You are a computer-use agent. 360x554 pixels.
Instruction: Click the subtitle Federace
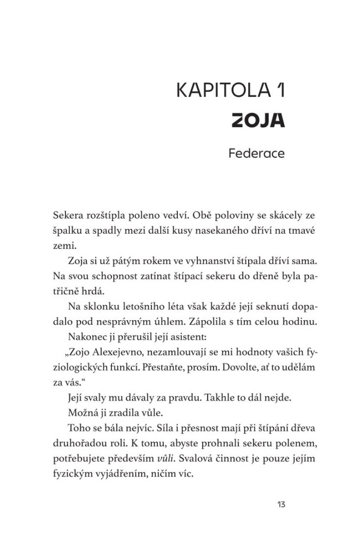click(x=256, y=153)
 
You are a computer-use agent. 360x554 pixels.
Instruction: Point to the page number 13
click(x=279, y=504)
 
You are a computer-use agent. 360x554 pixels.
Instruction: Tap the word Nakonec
click(x=88, y=337)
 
